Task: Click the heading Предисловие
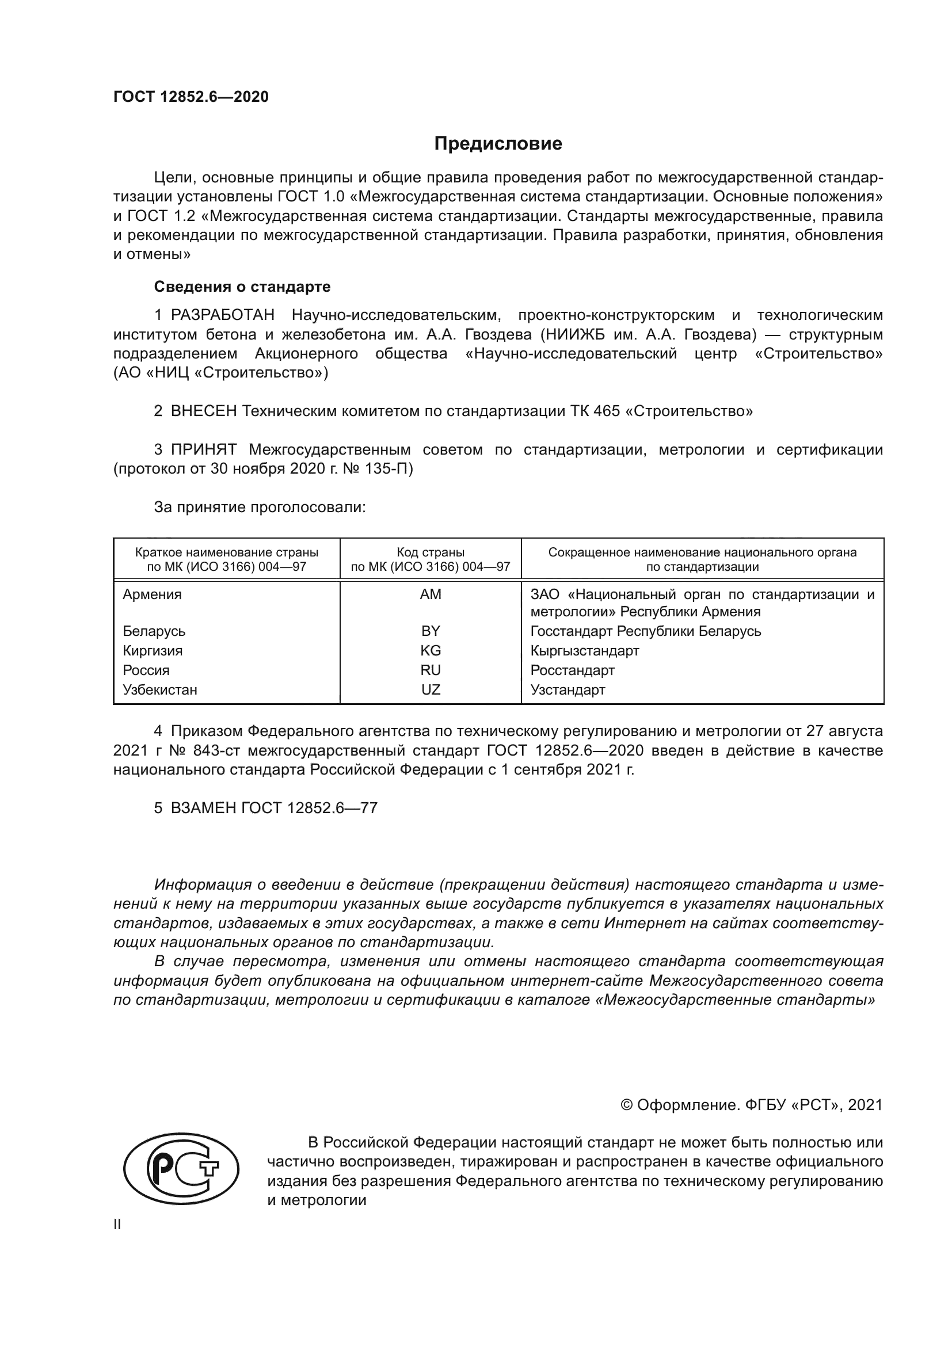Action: tap(498, 144)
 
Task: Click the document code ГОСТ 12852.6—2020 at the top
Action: tap(191, 97)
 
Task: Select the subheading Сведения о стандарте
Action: tap(242, 287)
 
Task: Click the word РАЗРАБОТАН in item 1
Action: tap(223, 315)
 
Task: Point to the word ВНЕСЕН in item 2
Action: tap(204, 411)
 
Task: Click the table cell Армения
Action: tap(153, 594)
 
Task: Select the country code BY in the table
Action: tap(431, 631)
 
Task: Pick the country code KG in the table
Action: tap(431, 651)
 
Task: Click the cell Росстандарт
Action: tap(572, 670)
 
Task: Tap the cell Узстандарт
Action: tap(568, 690)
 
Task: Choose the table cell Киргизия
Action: tap(153, 651)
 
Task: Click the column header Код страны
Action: tap(431, 552)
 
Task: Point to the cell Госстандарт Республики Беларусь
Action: tap(645, 631)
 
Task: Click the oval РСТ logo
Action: tap(181, 1169)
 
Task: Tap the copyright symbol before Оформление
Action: tap(626, 1105)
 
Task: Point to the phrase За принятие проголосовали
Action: tap(260, 507)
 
